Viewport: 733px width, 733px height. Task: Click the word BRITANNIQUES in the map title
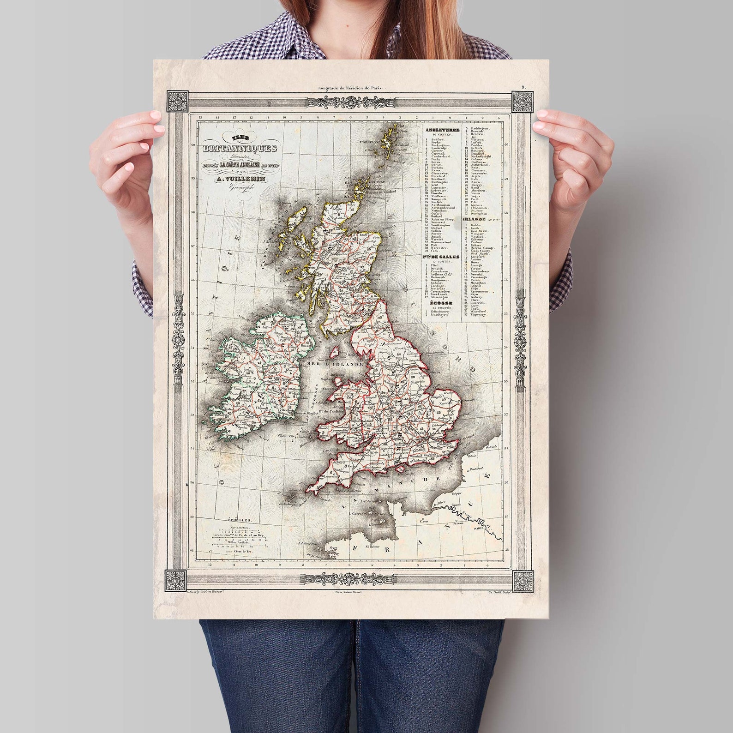pos(241,148)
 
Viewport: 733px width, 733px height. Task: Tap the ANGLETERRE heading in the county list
pos(443,130)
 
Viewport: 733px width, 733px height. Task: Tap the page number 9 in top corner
pos(523,87)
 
